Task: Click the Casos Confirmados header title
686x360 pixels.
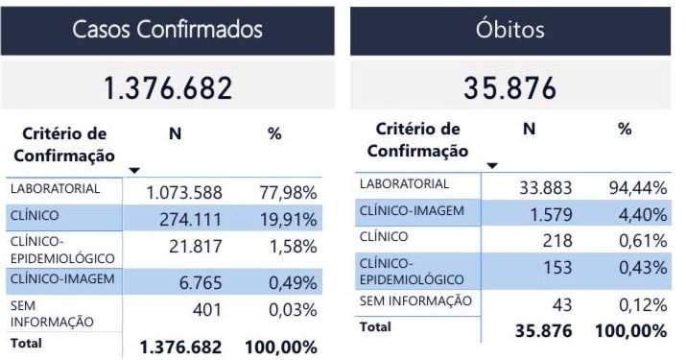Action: pyautogui.click(x=168, y=29)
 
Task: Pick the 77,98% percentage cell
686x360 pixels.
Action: pyautogui.click(x=288, y=193)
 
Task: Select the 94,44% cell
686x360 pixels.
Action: pyautogui.click(x=638, y=187)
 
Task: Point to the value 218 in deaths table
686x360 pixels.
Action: pyautogui.click(x=561, y=239)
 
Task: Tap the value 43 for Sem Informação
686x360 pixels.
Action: pyautogui.click(x=565, y=304)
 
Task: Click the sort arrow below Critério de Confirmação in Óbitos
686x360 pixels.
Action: pyautogui.click(x=491, y=165)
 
